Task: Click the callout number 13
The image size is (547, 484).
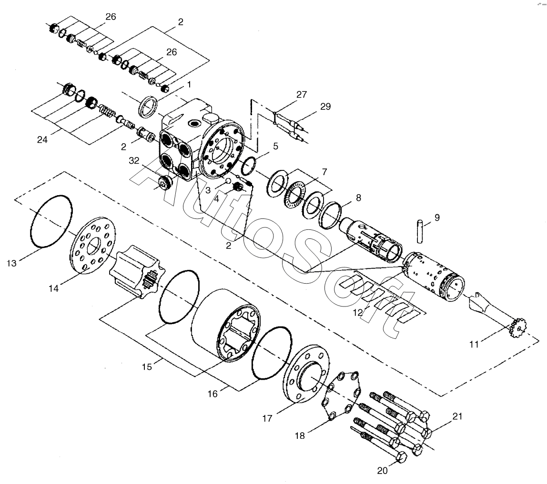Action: tap(12, 263)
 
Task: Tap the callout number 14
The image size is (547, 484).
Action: tap(54, 288)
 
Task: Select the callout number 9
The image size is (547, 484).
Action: tap(437, 218)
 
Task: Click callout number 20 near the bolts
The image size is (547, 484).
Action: tap(383, 471)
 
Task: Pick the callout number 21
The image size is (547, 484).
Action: tap(457, 417)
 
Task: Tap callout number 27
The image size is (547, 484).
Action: tap(301, 94)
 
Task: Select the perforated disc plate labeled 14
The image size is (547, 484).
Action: tap(93, 245)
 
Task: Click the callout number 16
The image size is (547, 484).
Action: tap(213, 394)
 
